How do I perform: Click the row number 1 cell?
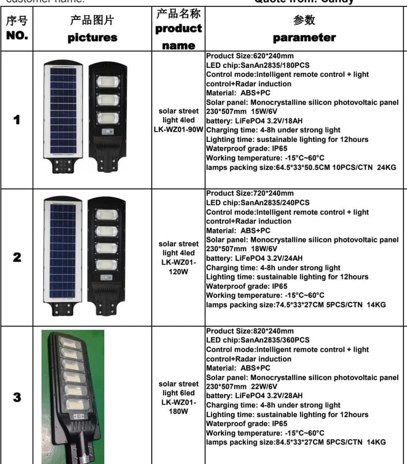click(17, 120)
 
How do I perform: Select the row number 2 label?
click(17, 257)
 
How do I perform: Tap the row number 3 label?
click(17, 397)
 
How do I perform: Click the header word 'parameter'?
click(304, 38)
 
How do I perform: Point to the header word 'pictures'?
click(92, 38)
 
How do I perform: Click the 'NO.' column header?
click(17, 36)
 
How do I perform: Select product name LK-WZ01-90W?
click(179, 130)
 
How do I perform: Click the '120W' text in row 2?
click(179, 272)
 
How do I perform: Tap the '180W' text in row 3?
click(179, 411)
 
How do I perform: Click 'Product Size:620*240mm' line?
click(250, 55)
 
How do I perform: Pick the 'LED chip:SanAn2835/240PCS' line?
click(258, 202)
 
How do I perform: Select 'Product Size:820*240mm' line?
click(250, 331)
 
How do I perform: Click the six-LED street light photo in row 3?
click(73, 396)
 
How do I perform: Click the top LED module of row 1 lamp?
click(108, 82)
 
